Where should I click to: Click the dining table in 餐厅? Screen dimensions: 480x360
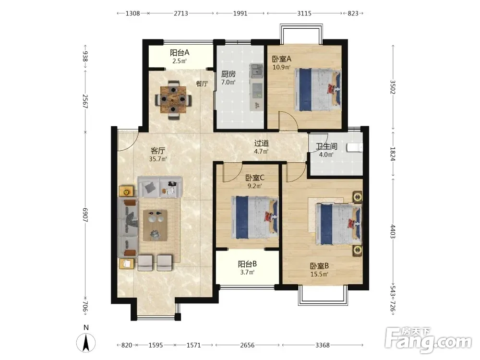(174, 99)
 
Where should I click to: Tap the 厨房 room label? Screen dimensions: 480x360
(228, 74)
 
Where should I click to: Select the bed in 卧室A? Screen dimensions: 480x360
(318, 89)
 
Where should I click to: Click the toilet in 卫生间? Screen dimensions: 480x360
(355, 147)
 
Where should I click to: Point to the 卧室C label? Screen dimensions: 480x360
(255, 178)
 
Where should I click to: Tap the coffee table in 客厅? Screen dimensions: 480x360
(155, 225)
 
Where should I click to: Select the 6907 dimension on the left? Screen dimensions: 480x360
(85, 215)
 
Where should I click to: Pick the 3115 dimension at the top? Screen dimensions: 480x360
(304, 13)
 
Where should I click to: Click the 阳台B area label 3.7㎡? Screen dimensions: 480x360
(247, 272)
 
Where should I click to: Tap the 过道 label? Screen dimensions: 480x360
(262, 143)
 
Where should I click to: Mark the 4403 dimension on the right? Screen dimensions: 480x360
(393, 231)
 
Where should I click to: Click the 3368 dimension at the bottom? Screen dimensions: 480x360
(323, 345)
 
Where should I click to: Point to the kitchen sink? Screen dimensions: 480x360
(256, 71)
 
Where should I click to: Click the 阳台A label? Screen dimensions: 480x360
(180, 53)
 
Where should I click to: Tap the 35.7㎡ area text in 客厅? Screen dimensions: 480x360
(158, 159)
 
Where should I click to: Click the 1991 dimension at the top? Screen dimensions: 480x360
(240, 13)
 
